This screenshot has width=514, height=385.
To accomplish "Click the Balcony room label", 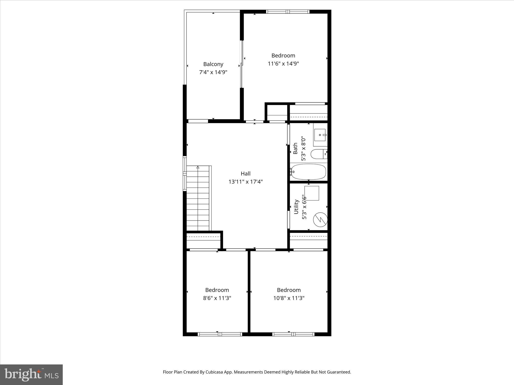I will click(213, 64).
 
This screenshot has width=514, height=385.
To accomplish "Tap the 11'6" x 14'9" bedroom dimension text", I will click(283, 64).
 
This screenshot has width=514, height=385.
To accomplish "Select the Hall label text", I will click(245, 173).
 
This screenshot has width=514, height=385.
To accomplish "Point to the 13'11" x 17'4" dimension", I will click(245, 182).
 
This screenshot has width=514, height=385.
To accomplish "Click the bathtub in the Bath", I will click(308, 172).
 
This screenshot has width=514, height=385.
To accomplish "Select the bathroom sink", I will click(320, 135).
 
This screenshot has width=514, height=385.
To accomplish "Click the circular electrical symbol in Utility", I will click(320, 220).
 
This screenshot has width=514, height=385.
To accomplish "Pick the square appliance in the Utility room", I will click(312, 193).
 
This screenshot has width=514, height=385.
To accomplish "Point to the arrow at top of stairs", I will click(198, 167).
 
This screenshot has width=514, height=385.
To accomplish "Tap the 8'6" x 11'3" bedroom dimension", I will click(217, 298).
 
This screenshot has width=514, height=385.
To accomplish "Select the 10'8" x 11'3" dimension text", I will click(289, 298).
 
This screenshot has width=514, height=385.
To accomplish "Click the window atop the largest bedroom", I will click(288, 12).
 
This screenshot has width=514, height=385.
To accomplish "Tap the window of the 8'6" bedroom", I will click(220, 334).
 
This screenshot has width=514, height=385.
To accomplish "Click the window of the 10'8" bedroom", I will click(293, 334).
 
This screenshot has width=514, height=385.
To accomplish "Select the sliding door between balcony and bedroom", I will click(242, 64).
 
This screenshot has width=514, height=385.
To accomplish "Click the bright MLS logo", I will click(31, 374).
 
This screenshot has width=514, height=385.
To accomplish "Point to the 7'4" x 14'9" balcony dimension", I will click(213, 72).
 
